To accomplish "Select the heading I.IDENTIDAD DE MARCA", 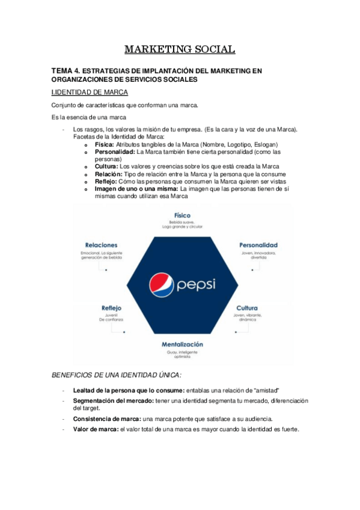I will click(x=90, y=91).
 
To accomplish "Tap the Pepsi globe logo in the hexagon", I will click(x=160, y=283).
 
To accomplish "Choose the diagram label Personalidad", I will click(x=258, y=245).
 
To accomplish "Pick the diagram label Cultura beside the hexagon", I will click(x=247, y=307).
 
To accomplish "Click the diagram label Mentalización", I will click(x=182, y=344).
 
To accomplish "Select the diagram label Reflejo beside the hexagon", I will click(x=112, y=307).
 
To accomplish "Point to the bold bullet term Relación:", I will click(x=110, y=174).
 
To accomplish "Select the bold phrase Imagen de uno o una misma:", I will click(x=136, y=188).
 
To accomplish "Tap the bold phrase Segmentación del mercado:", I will click(x=115, y=400).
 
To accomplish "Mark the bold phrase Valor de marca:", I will click(x=96, y=429).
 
